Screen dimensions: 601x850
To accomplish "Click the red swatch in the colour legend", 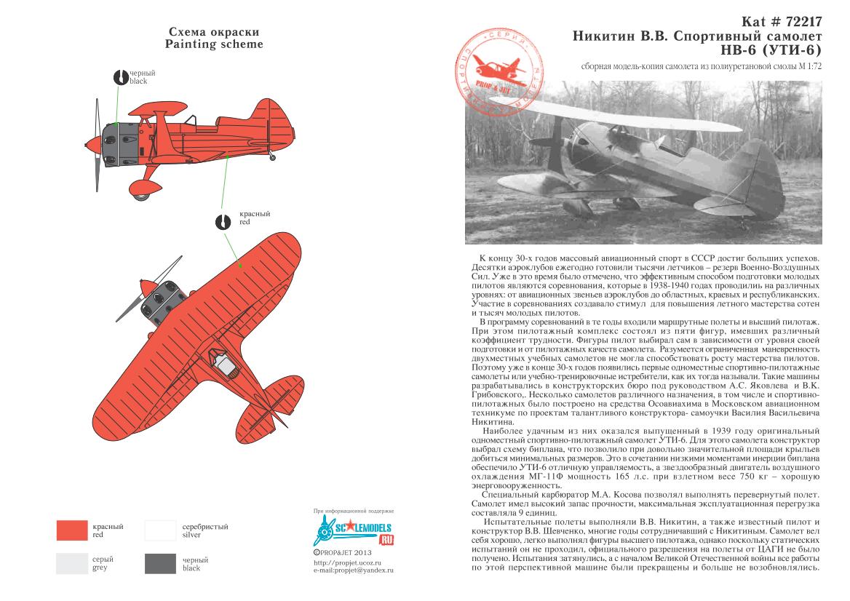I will click(x=72, y=530).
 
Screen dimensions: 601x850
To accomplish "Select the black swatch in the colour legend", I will click(x=160, y=563).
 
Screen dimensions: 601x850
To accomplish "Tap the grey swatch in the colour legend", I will click(x=72, y=563).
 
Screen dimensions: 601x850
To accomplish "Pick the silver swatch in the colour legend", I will click(x=160, y=530).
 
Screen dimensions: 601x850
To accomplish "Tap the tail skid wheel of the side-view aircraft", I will click(x=272, y=156).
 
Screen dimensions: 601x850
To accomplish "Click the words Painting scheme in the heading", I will click(x=213, y=44).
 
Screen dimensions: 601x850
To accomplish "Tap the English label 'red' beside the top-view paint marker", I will click(x=245, y=222).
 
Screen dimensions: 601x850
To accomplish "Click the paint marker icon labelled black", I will click(x=121, y=77).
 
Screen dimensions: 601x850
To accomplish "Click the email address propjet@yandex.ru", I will click(x=352, y=570).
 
